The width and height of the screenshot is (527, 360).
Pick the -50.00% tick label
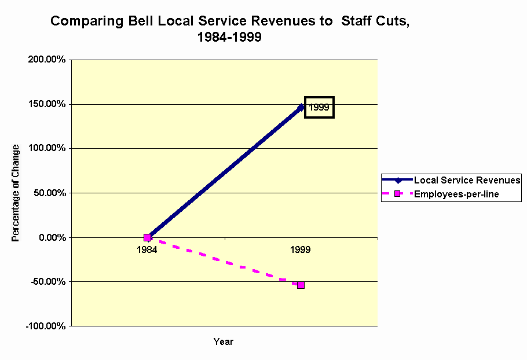46,282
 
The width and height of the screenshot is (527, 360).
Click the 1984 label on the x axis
147,250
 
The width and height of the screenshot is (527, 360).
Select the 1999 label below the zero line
301,250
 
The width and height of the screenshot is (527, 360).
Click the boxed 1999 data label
319,107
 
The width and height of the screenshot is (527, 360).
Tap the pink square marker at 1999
301,285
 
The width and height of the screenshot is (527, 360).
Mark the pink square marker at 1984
147,237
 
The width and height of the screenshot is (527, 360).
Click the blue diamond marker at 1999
301,107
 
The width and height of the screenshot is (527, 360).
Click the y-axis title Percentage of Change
16,193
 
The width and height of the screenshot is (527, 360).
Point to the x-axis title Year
223,342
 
